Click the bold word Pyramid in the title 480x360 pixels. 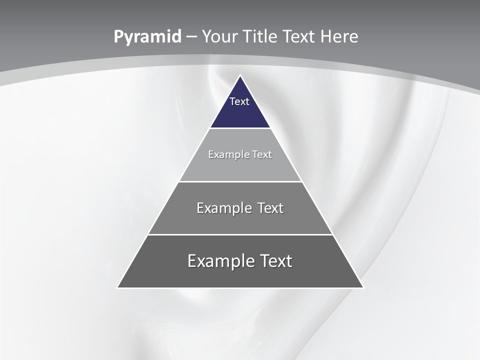click(147, 37)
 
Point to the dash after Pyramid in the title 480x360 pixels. click(191, 37)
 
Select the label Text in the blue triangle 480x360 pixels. click(239, 101)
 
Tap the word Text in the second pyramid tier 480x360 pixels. click(262, 154)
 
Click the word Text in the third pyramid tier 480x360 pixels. click(270, 208)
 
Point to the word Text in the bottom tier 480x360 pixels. click(275, 261)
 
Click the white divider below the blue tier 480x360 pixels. click(240, 128)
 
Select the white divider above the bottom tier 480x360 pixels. click(240, 234)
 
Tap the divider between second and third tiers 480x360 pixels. click(240, 181)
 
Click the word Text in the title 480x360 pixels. click(299, 37)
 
